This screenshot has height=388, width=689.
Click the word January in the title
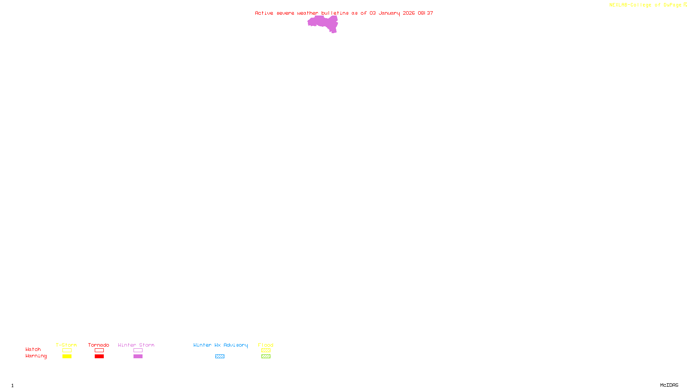(x=389, y=13)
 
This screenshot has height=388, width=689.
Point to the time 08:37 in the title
(x=425, y=13)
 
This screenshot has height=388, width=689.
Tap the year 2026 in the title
(x=409, y=13)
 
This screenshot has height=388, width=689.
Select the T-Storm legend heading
(x=66, y=345)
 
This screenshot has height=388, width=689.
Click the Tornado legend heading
(x=99, y=345)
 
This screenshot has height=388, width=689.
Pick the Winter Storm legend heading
(x=136, y=345)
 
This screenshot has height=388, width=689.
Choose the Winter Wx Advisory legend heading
(x=220, y=345)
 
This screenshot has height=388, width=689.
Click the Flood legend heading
(x=266, y=345)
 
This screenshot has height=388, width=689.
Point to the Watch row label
(x=33, y=349)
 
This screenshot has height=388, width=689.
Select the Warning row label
(x=36, y=356)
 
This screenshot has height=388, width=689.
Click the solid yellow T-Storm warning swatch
(x=67, y=357)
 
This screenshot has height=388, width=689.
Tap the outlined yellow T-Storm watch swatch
(x=67, y=350)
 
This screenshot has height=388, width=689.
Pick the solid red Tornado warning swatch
(x=99, y=357)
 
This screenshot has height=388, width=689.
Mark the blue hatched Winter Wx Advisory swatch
(x=220, y=357)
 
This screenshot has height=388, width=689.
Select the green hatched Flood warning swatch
(x=266, y=357)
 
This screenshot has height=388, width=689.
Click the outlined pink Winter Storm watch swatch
(x=138, y=350)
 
